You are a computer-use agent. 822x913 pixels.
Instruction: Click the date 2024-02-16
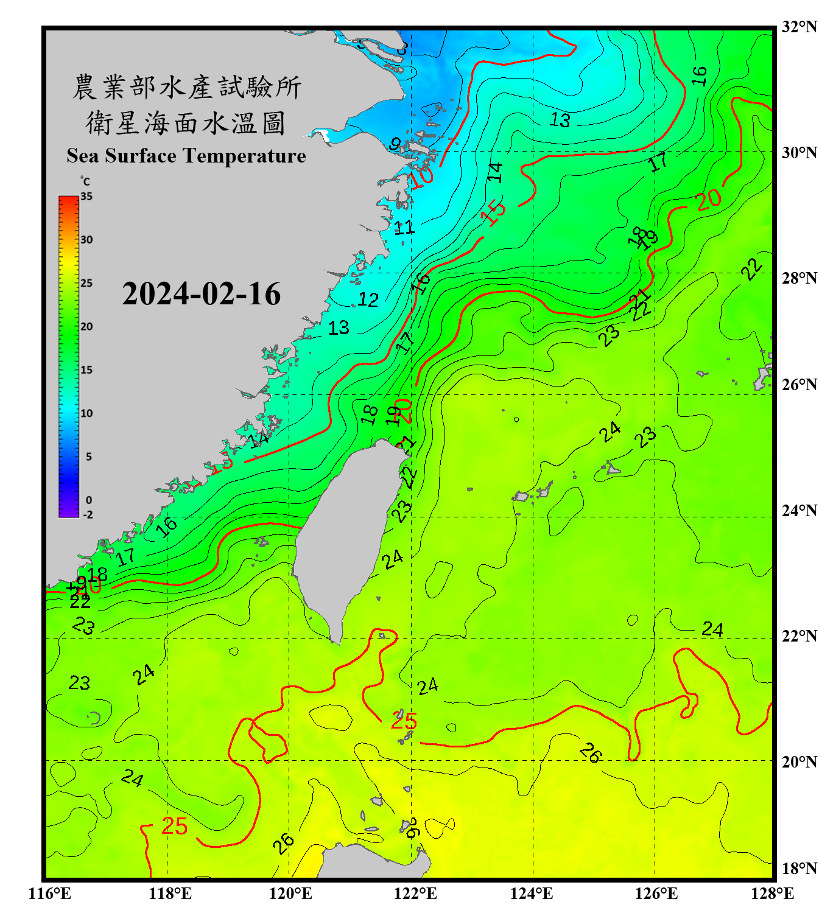[201, 294]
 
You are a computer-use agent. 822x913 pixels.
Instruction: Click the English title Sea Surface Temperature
[186, 156]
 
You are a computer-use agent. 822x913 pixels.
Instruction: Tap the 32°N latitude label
[799, 27]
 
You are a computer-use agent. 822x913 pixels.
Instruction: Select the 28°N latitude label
[799, 278]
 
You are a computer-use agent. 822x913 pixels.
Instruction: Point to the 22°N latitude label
[799, 636]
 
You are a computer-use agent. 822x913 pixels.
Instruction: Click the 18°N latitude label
[799, 869]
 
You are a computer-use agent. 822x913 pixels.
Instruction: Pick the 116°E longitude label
[50, 894]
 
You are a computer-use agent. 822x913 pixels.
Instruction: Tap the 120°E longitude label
[290, 894]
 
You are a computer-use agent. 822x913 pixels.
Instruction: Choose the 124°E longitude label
[532, 894]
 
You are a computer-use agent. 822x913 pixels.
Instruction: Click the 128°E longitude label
[772, 894]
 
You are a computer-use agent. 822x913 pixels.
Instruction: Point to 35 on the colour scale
[86, 197]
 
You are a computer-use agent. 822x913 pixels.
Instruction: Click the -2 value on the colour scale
[88, 515]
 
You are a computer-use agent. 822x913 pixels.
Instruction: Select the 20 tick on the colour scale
[86, 327]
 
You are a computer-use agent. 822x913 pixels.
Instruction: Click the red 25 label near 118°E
[174, 827]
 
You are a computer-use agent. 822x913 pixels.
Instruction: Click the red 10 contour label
[421, 177]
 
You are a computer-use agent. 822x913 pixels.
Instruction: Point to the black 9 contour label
[395, 144]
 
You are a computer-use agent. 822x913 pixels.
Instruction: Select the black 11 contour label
[404, 228]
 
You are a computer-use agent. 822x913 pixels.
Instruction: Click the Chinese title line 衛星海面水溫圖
[186, 123]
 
